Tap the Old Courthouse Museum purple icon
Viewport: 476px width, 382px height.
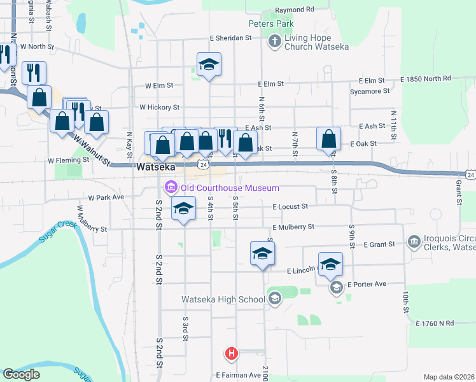point(171,188)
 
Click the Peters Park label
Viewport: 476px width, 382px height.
point(270,24)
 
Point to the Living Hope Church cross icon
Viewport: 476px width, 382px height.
point(274,43)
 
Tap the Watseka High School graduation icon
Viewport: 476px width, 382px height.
point(275,299)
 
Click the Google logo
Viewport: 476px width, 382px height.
point(21,374)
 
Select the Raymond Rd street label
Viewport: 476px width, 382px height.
point(295,10)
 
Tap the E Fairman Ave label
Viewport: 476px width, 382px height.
point(238,376)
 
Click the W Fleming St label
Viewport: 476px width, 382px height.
point(69,161)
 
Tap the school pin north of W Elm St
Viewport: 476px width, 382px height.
point(209,64)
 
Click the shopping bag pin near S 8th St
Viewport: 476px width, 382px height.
point(328,139)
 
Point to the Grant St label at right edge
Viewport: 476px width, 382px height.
point(458,192)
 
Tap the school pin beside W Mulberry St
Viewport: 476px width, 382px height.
point(183,209)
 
